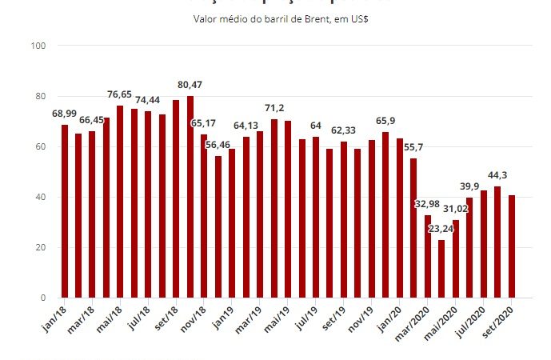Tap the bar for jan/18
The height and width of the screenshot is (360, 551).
click(65, 211)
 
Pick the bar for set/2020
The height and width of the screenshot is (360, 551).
click(512, 246)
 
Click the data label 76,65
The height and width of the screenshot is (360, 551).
click(120, 94)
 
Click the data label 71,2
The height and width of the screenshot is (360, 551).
click(274, 108)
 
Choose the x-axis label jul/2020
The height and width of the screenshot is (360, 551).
click(473, 322)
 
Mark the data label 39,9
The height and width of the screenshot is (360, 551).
click(469, 186)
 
